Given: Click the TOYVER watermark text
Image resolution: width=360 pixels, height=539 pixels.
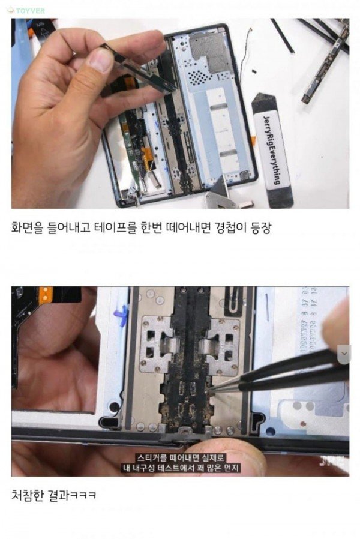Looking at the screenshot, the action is pos(30,11).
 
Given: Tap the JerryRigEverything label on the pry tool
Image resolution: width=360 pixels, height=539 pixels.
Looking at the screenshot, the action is pos(272,150).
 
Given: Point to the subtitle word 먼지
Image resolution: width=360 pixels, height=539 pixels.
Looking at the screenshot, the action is pos(232,468).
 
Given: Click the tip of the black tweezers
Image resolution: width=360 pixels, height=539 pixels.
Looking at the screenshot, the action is pos(210,388).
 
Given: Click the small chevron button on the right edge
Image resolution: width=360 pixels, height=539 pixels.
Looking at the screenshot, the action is pos(345,354).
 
